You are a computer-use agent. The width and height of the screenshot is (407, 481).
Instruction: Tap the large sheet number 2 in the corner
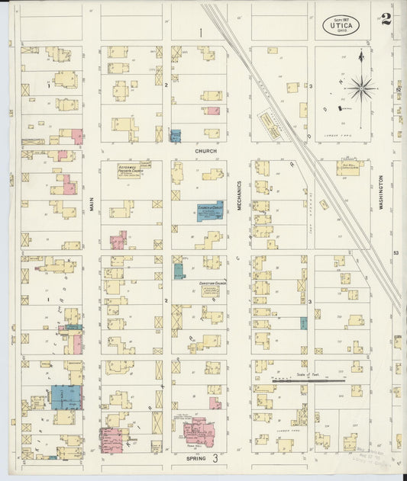pos(386,19)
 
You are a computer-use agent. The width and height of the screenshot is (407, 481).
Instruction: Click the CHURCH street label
pos(205,151)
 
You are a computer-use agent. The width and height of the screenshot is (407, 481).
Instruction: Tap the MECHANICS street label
pos(239,195)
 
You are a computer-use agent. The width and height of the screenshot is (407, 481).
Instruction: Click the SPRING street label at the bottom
pos(200,459)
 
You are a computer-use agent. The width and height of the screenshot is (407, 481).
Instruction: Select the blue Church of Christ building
pos(210,211)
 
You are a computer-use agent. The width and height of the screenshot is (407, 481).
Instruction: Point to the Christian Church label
pos(213,283)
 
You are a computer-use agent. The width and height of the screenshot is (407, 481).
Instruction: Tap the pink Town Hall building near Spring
pos(200,431)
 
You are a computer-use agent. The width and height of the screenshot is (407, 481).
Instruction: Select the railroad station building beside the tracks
pos(269,124)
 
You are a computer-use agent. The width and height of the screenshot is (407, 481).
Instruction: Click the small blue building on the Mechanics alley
pos(303,322)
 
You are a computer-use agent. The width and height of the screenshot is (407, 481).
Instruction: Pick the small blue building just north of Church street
pos(176,136)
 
